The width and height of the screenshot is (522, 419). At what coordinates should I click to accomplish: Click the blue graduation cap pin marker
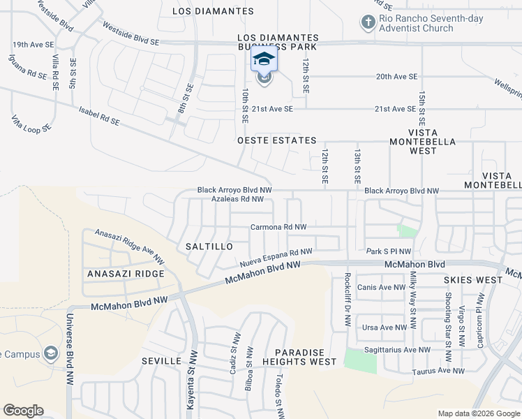(x=264, y=60)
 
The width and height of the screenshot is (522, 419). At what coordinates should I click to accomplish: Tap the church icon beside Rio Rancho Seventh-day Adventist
(x=368, y=23)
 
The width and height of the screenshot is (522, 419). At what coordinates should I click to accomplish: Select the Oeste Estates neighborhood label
(x=277, y=141)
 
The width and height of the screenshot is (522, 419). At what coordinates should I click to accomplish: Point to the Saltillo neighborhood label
(x=209, y=247)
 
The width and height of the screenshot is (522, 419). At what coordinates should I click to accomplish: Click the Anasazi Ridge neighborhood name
(x=126, y=274)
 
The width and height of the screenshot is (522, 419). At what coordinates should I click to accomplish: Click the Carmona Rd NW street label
(x=278, y=228)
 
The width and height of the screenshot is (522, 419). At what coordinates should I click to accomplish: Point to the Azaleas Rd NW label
(x=237, y=199)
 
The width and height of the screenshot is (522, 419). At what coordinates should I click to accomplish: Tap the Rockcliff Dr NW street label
(x=347, y=300)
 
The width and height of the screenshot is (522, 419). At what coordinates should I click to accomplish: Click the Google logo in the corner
(x=23, y=411)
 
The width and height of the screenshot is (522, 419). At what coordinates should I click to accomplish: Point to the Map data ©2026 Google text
(x=478, y=413)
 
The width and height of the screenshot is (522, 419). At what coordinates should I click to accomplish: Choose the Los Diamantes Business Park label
(x=277, y=42)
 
